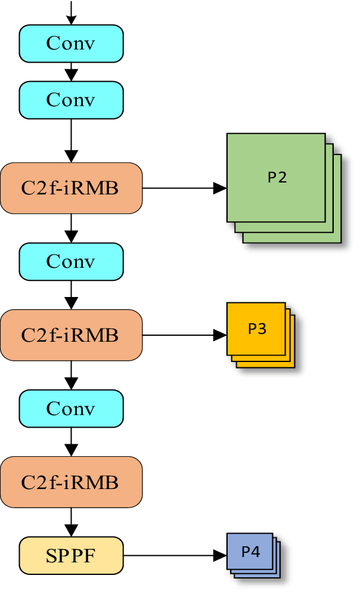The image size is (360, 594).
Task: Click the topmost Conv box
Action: [71, 44]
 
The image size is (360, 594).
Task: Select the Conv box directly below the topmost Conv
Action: [71, 100]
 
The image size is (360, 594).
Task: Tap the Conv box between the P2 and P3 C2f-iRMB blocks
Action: [71, 262]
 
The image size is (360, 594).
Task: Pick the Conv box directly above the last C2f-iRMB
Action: [71, 409]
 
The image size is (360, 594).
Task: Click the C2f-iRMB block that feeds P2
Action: [71, 188]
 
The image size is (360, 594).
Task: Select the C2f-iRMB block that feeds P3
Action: [71, 335]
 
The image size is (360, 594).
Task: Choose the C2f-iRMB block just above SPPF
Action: [71, 482]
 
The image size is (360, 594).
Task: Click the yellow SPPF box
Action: [71, 555]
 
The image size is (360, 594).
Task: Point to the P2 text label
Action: [277, 177]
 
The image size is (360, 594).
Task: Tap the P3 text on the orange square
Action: [257, 329]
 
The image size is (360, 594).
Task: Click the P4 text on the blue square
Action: [250, 552]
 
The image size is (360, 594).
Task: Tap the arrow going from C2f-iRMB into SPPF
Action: [71, 522]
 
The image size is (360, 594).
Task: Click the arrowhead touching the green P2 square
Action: [220, 188]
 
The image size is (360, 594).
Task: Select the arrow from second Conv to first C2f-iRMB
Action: [71, 141]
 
